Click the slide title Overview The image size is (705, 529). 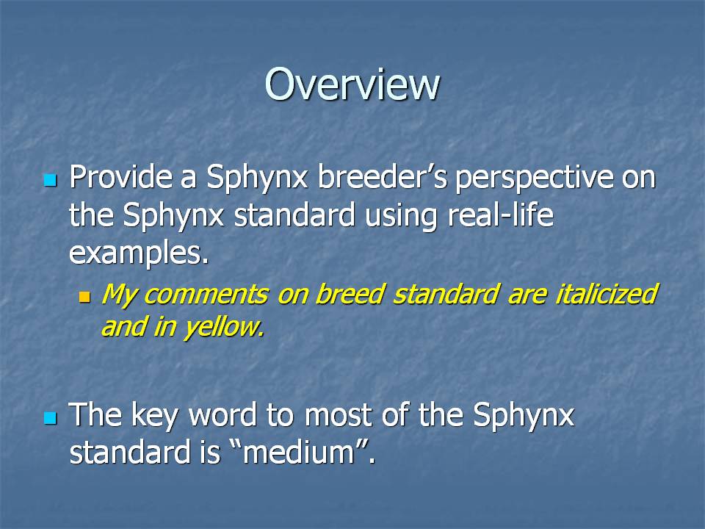tap(352, 84)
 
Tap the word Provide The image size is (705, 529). tap(120, 177)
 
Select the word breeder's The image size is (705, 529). tap(382, 177)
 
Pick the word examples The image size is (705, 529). tap(139, 254)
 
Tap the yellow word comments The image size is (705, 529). tap(206, 294)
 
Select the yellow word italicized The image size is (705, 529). tap(606, 294)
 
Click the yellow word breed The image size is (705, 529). tap(349, 294)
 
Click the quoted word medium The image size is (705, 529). tap(299, 452)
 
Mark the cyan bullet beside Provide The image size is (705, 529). tap(51, 181)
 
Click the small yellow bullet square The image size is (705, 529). tap(84, 297)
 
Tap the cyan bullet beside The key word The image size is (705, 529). tap(51, 418)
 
